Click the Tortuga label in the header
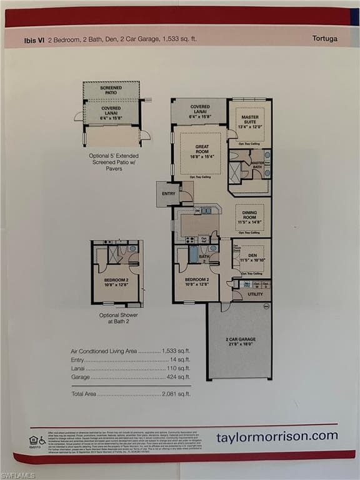pos(324,38)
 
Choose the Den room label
pos(251,255)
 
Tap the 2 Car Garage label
pos(239,341)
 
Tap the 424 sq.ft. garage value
pos(178,377)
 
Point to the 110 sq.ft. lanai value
pos(178,369)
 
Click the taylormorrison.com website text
pos(277,436)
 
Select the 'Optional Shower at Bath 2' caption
pos(118,319)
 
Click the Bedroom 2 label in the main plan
pos(196,282)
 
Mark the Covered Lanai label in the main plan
pos(200,110)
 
